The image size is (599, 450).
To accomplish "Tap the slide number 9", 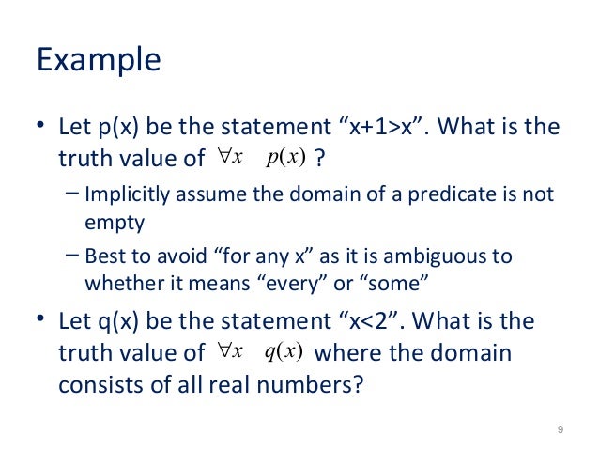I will tap(560, 430).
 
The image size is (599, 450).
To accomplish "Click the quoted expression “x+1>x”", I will tap(382, 127).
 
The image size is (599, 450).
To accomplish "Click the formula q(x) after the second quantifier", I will tap(282, 352).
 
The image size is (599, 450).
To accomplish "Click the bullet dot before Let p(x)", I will tap(40, 127).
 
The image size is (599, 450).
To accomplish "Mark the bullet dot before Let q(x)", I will tap(40, 322).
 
